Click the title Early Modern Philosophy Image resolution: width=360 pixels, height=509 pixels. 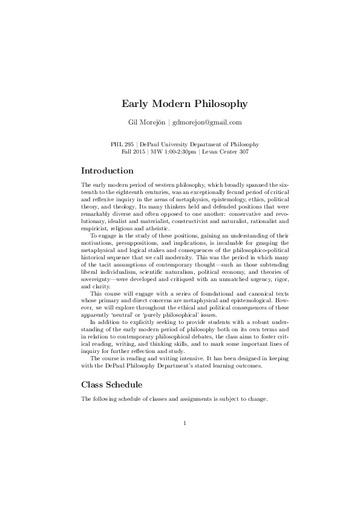point(180,103)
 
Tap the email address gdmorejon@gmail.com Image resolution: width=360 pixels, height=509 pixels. point(206,122)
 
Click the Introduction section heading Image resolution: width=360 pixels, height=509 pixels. point(107,170)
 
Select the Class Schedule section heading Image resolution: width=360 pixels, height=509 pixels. point(112,384)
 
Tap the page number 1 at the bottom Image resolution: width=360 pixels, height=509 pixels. point(184,423)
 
